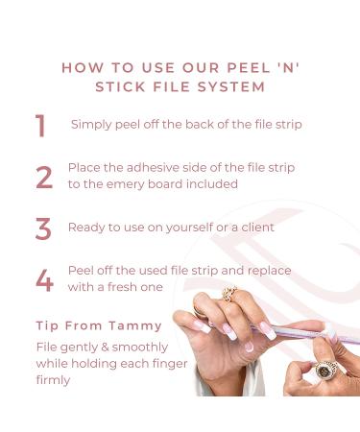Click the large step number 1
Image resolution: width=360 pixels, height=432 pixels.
[40, 126]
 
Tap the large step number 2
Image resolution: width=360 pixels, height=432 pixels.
[44, 177]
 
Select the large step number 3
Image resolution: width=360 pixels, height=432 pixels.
[43, 228]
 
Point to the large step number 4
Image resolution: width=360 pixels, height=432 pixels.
[44, 280]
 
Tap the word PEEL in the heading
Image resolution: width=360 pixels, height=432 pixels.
[249, 68]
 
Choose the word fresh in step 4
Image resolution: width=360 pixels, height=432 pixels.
[124, 287]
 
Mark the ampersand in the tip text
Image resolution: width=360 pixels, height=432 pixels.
[105, 348]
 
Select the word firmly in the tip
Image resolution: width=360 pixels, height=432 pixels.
[53, 380]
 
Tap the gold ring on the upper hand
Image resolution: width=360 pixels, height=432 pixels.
[229, 293]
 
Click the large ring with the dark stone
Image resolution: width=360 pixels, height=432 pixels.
[325, 371]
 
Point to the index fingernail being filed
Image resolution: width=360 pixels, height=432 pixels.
[268, 330]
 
